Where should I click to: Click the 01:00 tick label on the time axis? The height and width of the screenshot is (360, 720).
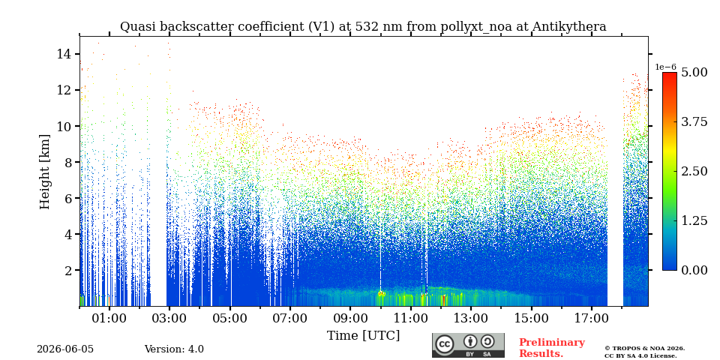tap(109, 319)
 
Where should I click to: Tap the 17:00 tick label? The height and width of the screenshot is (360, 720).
tap(592, 319)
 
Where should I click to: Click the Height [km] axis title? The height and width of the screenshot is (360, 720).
tap(44, 172)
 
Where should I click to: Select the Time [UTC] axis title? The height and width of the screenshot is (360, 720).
tap(363, 336)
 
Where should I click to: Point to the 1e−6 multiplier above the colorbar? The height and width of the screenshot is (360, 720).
tap(665, 67)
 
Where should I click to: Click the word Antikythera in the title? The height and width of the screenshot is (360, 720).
tap(569, 27)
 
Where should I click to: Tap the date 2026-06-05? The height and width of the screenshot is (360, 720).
tap(65, 349)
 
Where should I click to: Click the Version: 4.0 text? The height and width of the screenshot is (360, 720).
tap(174, 349)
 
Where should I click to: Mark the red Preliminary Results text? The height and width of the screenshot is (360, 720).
tap(552, 348)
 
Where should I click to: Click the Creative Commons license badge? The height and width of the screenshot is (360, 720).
tap(468, 345)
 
